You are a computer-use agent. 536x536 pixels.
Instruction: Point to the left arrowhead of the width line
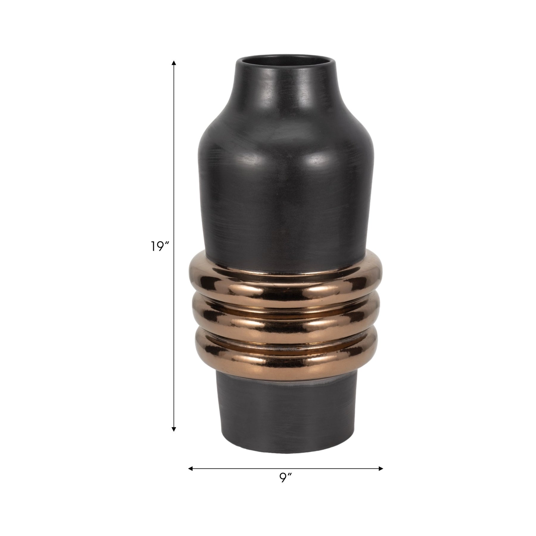[x=191, y=468]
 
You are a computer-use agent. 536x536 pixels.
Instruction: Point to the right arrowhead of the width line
[x=381, y=468]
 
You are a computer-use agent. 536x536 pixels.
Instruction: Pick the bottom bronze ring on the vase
[x=286, y=353]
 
